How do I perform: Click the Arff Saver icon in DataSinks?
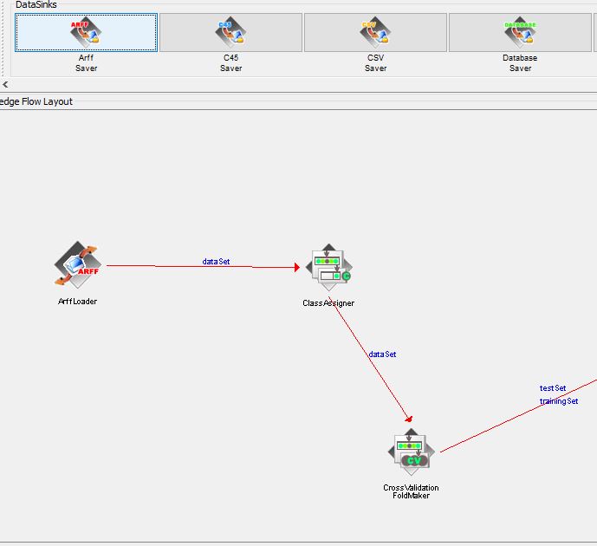click(86, 32)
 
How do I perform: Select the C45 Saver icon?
click(230, 32)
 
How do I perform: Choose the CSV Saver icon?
click(375, 32)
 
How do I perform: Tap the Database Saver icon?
click(520, 32)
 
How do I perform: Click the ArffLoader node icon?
click(78, 264)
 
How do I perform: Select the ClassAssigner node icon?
click(329, 267)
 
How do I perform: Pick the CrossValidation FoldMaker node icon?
click(412, 452)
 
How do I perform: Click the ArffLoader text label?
click(77, 302)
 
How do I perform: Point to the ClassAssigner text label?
click(328, 303)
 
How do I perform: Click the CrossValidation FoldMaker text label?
click(412, 491)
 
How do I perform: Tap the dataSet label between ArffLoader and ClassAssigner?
click(216, 261)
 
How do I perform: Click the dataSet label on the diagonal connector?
click(382, 354)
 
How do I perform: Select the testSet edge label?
click(553, 388)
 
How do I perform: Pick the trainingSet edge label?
click(559, 401)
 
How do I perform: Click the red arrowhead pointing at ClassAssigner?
click(297, 267)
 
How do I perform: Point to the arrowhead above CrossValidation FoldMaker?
click(409, 419)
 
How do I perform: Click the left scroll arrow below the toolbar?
click(5, 85)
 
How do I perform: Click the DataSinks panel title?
click(36, 4)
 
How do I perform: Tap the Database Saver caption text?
click(520, 62)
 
